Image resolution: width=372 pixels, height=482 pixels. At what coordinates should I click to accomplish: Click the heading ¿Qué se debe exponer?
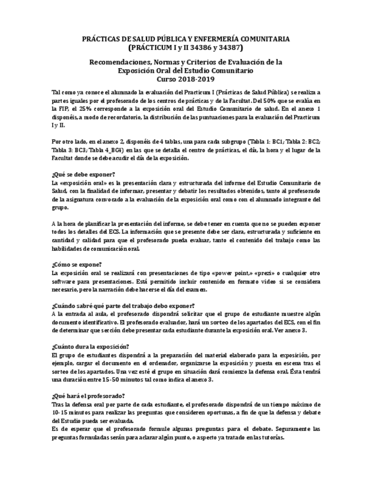pos(83,174)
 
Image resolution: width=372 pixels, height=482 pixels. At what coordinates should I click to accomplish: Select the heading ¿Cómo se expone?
pos(77,264)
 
